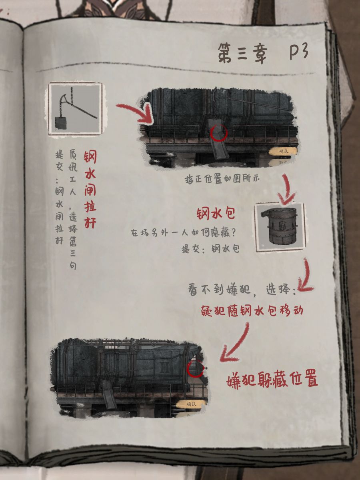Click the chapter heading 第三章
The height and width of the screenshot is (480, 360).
point(243,54)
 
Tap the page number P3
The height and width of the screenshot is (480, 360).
point(299,52)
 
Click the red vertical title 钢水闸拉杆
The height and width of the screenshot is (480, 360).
point(90,189)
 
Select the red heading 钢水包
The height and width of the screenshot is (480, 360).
point(216,214)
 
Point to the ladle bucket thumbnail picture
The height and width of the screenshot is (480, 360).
point(280,227)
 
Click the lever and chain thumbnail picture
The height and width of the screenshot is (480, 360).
point(76,109)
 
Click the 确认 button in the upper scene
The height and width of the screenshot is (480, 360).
point(283,151)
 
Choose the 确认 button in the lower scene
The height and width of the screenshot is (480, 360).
point(191,404)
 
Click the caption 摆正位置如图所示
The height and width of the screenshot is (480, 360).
point(222,180)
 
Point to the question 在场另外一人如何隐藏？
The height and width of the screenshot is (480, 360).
point(183,234)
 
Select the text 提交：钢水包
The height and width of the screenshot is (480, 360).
point(210,249)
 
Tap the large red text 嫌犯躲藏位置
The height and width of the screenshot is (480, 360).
point(272,380)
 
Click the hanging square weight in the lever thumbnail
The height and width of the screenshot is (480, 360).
point(61,123)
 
